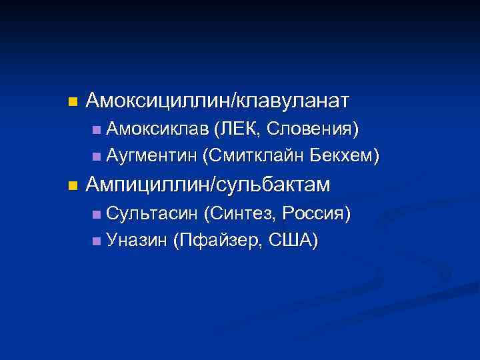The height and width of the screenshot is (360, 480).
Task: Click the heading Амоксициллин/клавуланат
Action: coord(217,101)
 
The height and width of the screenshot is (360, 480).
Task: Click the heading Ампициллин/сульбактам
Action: coord(208,185)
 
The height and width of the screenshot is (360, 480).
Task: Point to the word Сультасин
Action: coord(152,213)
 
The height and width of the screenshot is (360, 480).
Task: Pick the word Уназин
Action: coord(136,240)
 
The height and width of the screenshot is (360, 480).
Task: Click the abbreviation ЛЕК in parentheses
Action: coord(235,128)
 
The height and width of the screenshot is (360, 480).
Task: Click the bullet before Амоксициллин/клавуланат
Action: coord(73,103)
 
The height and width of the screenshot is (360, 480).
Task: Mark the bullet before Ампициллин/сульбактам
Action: coord(73,186)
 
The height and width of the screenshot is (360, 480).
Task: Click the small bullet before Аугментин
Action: coord(97,157)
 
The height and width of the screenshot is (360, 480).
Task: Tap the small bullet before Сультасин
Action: coord(97,214)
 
